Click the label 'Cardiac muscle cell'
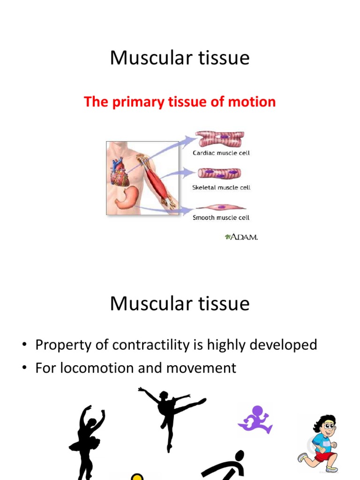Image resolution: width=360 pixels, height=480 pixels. coord(221,153)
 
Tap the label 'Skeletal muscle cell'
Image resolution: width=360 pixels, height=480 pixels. coord(221,187)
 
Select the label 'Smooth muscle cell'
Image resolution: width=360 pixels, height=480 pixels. coord(221,217)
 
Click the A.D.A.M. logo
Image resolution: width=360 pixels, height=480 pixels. coord(241,237)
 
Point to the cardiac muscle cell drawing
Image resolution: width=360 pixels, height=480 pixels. coord(220,139)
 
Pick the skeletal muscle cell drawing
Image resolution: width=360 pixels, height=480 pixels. coord(219,173)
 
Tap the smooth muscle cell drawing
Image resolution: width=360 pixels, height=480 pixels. coord(220,207)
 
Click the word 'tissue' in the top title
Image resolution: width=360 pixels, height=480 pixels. coord(224,58)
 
